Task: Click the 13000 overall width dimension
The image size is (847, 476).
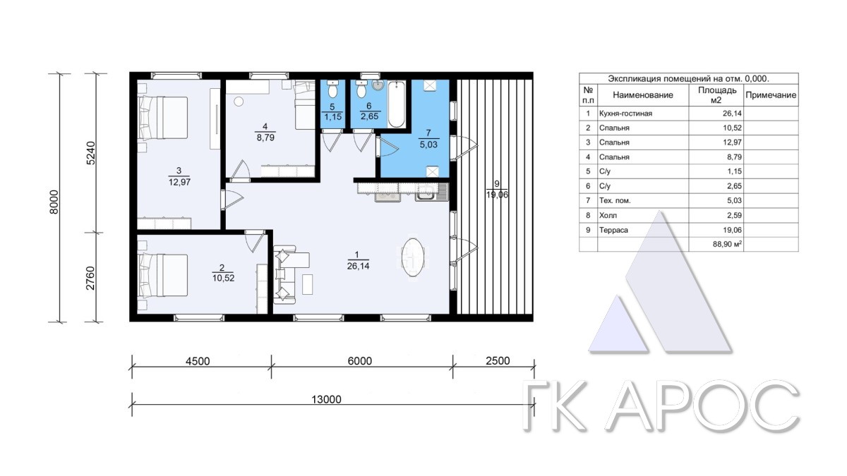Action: click(326, 399)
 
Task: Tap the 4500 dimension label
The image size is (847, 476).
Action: click(198, 361)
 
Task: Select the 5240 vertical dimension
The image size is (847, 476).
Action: click(91, 152)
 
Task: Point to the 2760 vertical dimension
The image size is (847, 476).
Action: click(91, 278)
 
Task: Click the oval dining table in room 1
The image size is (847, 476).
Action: click(412, 257)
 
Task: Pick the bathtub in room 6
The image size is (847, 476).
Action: click(396, 104)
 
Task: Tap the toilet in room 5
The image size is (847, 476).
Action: click(332, 89)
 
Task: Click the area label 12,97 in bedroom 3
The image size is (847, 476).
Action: click(179, 182)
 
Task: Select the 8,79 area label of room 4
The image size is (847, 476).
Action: click(265, 138)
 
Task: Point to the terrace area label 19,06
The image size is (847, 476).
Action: click(497, 195)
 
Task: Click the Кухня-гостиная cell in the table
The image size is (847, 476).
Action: click(625, 114)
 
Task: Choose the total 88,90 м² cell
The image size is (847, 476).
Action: click(727, 244)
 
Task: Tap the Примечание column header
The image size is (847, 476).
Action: click(771, 94)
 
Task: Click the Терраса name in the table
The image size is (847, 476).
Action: click(613, 230)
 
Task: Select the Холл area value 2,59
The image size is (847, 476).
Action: click(734, 215)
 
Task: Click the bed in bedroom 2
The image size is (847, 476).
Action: click(163, 275)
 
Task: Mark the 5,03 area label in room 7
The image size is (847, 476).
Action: click(428, 145)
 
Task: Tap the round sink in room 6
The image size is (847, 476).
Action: click(378, 85)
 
